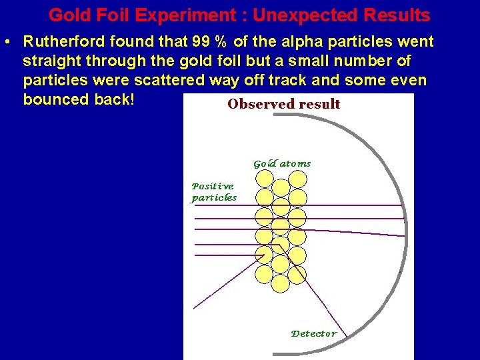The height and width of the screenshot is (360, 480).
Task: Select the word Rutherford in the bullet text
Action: click(63, 42)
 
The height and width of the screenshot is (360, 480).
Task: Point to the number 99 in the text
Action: click(201, 42)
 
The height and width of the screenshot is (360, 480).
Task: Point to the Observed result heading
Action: click(284, 104)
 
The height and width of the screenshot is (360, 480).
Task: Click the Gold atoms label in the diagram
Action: click(281, 163)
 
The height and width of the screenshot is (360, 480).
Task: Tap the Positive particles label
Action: click(213, 192)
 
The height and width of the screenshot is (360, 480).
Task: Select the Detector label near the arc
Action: click(314, 333)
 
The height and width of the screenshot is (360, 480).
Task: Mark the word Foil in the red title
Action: click(107, 15)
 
